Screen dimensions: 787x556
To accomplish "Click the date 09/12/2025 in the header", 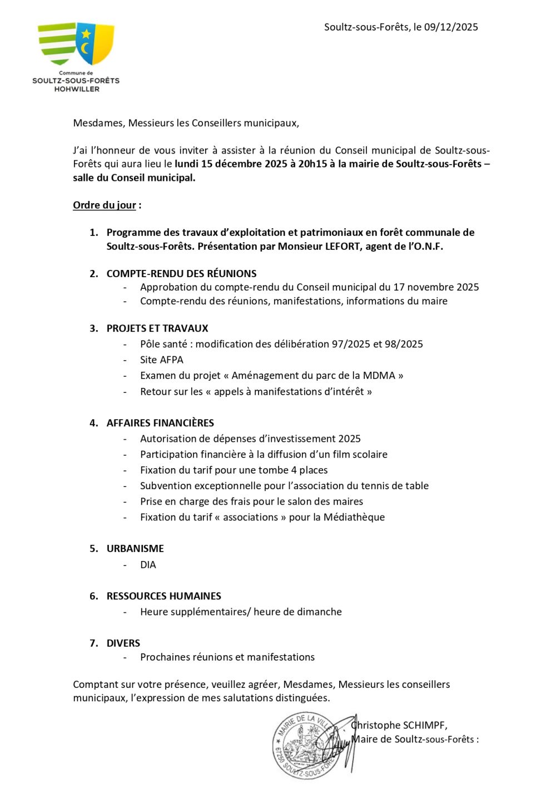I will pyautogui.click(x=451, y=27).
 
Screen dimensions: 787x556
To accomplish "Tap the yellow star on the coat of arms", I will pyautogui.click(x=86, y=34).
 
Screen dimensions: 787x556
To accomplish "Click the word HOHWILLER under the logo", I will pyautogui.click(x=76, y=89).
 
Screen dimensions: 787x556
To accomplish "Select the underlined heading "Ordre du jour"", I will pyautogui.click(x=105, y=205).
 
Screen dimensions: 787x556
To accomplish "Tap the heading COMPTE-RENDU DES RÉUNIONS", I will pyautogui.click(x=181, y=274).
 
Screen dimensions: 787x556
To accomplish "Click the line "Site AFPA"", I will pyautogui.click(x=161, y=360).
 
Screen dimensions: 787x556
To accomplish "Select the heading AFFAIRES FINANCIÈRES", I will pyautogui.click(x=160, y=423).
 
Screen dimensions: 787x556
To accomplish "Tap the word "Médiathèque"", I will pyautogui.click(x=354, y=518).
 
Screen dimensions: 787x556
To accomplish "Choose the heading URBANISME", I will pyautogui.click(x=135, y=549).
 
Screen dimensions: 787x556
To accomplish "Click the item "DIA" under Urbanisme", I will pyautogui.click(x=148, y=565).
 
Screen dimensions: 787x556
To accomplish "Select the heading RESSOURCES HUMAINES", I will pyautogui.click(x=163, y=596).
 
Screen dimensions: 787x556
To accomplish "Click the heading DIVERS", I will pyautogui.click(x=123, y=643).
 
